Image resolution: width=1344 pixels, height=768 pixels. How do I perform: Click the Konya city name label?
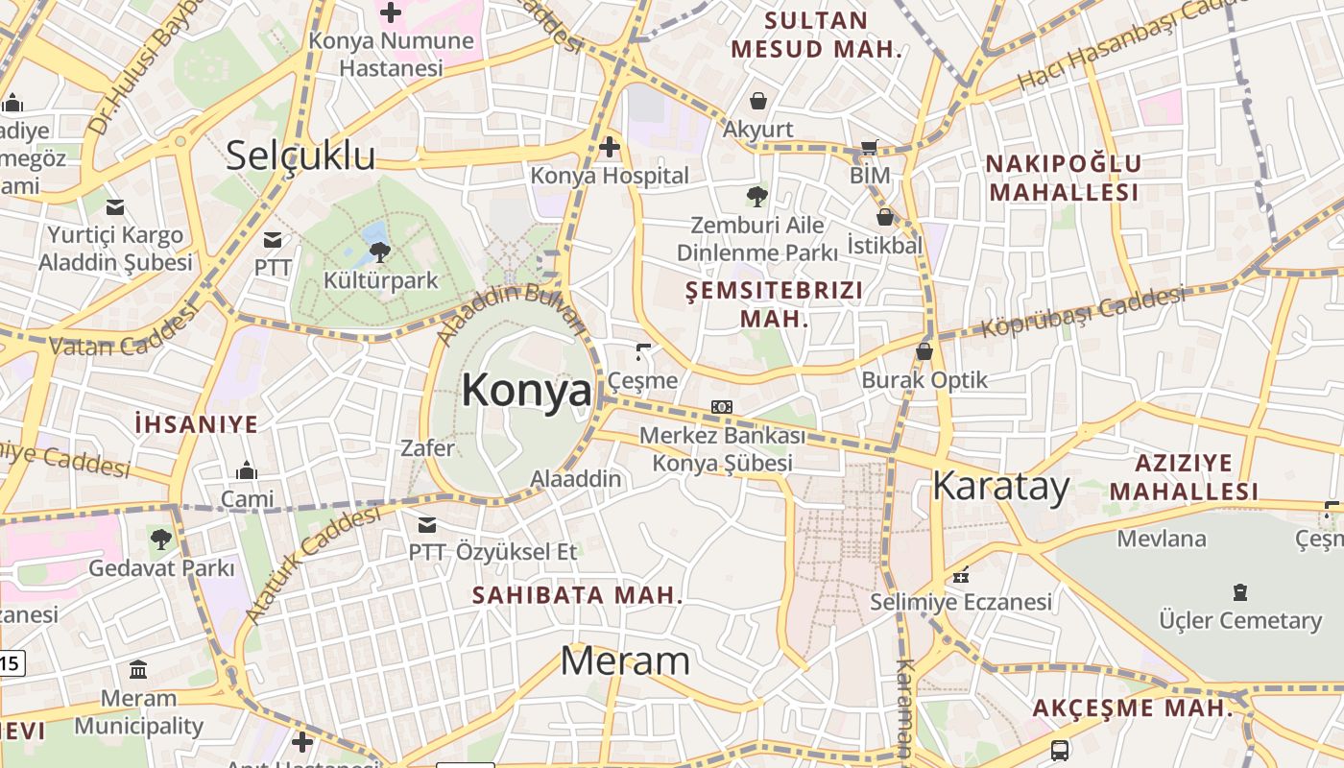point(526,391)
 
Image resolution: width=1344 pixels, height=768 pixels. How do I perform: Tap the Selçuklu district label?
point(300,156)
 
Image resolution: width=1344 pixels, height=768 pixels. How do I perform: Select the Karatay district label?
point(1000,487)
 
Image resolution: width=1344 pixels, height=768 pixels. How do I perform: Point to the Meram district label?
point(624,660)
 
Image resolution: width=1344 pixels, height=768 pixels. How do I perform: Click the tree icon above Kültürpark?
point(379,252)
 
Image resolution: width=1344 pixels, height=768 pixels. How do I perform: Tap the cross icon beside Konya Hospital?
point(609,147)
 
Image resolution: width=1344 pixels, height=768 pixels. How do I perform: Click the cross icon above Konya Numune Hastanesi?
point(391,12)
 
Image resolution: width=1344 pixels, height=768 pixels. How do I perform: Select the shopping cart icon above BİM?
point(870,148)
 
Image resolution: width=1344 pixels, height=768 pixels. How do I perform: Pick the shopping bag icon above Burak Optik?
point(924,351)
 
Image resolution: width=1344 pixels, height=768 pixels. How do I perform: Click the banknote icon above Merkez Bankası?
point(722,407)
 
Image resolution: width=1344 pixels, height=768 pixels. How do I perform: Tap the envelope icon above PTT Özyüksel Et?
point(427,524)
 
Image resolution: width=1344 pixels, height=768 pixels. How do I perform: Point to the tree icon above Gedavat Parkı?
point(161,539)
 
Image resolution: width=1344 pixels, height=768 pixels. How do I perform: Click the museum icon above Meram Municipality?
point(138,669)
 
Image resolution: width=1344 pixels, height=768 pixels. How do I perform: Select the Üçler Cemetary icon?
point(1240,591)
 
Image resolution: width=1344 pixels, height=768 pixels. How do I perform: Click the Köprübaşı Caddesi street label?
point(1082,312)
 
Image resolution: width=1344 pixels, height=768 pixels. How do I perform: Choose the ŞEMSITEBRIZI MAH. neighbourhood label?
point(775,303)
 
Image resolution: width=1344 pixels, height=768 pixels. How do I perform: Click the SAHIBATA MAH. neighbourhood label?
point(577,595)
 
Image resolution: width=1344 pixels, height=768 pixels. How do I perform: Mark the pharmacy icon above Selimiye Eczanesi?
point(961,576)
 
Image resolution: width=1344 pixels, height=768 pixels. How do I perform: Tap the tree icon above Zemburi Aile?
point(757,197)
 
